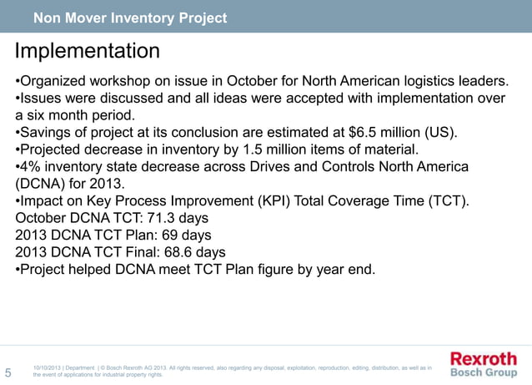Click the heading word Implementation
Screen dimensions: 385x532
tap(87, 52)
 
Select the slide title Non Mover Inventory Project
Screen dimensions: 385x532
tap(129, 18)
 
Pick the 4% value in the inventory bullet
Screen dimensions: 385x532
tap(32, 167)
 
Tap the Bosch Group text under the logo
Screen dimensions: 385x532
tap(484, 373)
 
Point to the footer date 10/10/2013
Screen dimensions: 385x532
tap(48, 367)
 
